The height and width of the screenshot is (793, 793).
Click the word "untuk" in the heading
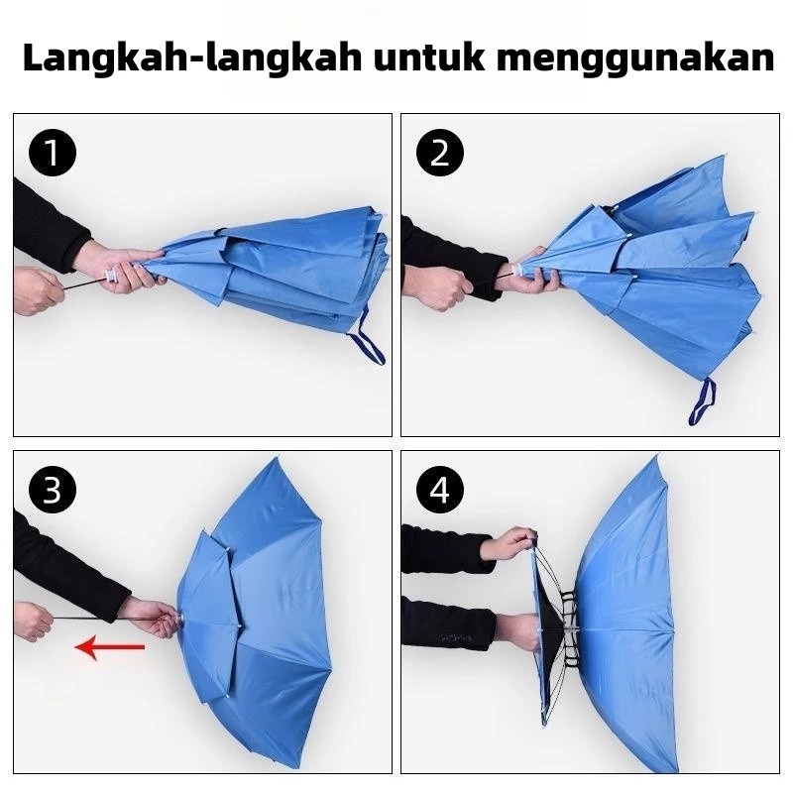tap(429, 57)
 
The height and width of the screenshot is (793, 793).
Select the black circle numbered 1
tap(53, 153)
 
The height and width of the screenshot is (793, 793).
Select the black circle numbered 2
tap(440, 153)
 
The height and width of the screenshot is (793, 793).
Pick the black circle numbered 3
tap(53, 490)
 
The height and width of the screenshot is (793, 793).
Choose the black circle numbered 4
tap(440, 490)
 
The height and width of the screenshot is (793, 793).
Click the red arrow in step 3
tap(110, 647)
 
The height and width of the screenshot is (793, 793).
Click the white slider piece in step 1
tap(111, 277)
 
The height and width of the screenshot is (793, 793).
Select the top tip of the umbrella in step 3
tap(278, 459)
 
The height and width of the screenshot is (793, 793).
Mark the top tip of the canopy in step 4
tap(657, 457)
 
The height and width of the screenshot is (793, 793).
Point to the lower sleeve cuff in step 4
tap(487, 623)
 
